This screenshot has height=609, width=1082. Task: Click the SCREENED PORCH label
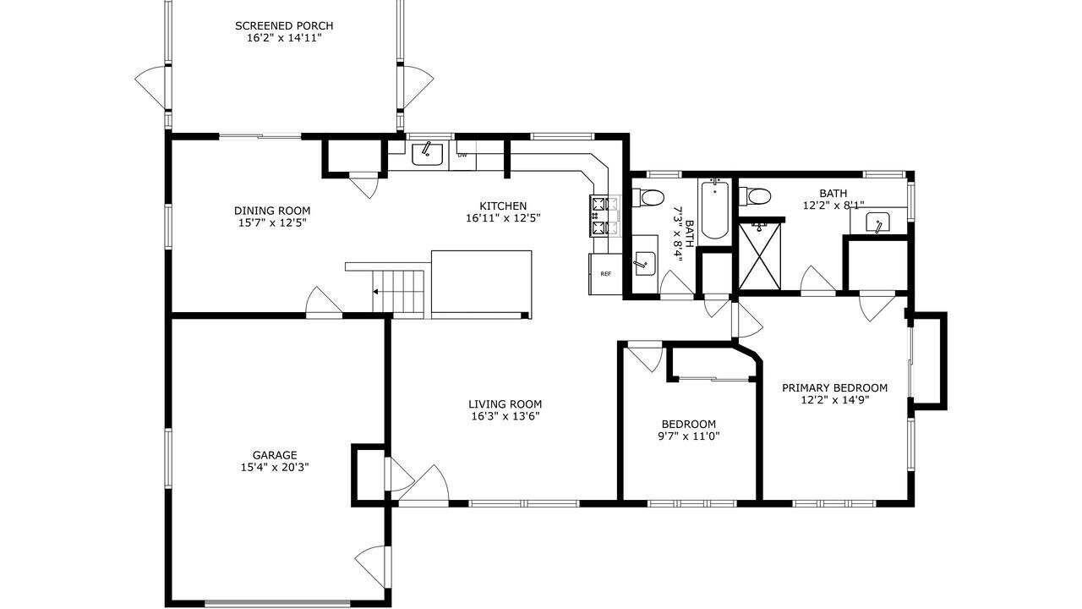point(284,25)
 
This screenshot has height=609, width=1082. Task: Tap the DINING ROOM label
point(272,211)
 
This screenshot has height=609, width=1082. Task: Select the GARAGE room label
point(275,455)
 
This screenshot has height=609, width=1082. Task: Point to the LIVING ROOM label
point(505,404)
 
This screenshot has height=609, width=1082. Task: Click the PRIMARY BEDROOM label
point(834,387)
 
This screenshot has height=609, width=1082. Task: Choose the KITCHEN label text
point(503,206)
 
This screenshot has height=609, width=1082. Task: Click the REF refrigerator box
point(605,274)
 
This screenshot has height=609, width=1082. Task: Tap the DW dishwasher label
point(462,155)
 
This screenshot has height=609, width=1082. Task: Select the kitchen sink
point(427,154)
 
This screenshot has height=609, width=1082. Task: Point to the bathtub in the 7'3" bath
point(714,209)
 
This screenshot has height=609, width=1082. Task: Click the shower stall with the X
point(760,255)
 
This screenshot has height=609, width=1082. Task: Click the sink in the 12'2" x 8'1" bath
point(877,222)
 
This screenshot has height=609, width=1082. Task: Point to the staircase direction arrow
point(374,292)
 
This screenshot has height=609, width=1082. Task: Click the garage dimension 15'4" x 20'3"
point(275,468)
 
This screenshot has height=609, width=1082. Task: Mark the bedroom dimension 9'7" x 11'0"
point(688,436)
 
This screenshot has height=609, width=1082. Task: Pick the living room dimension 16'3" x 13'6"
point(505,416)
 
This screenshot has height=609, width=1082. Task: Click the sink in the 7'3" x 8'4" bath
point(644,263)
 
